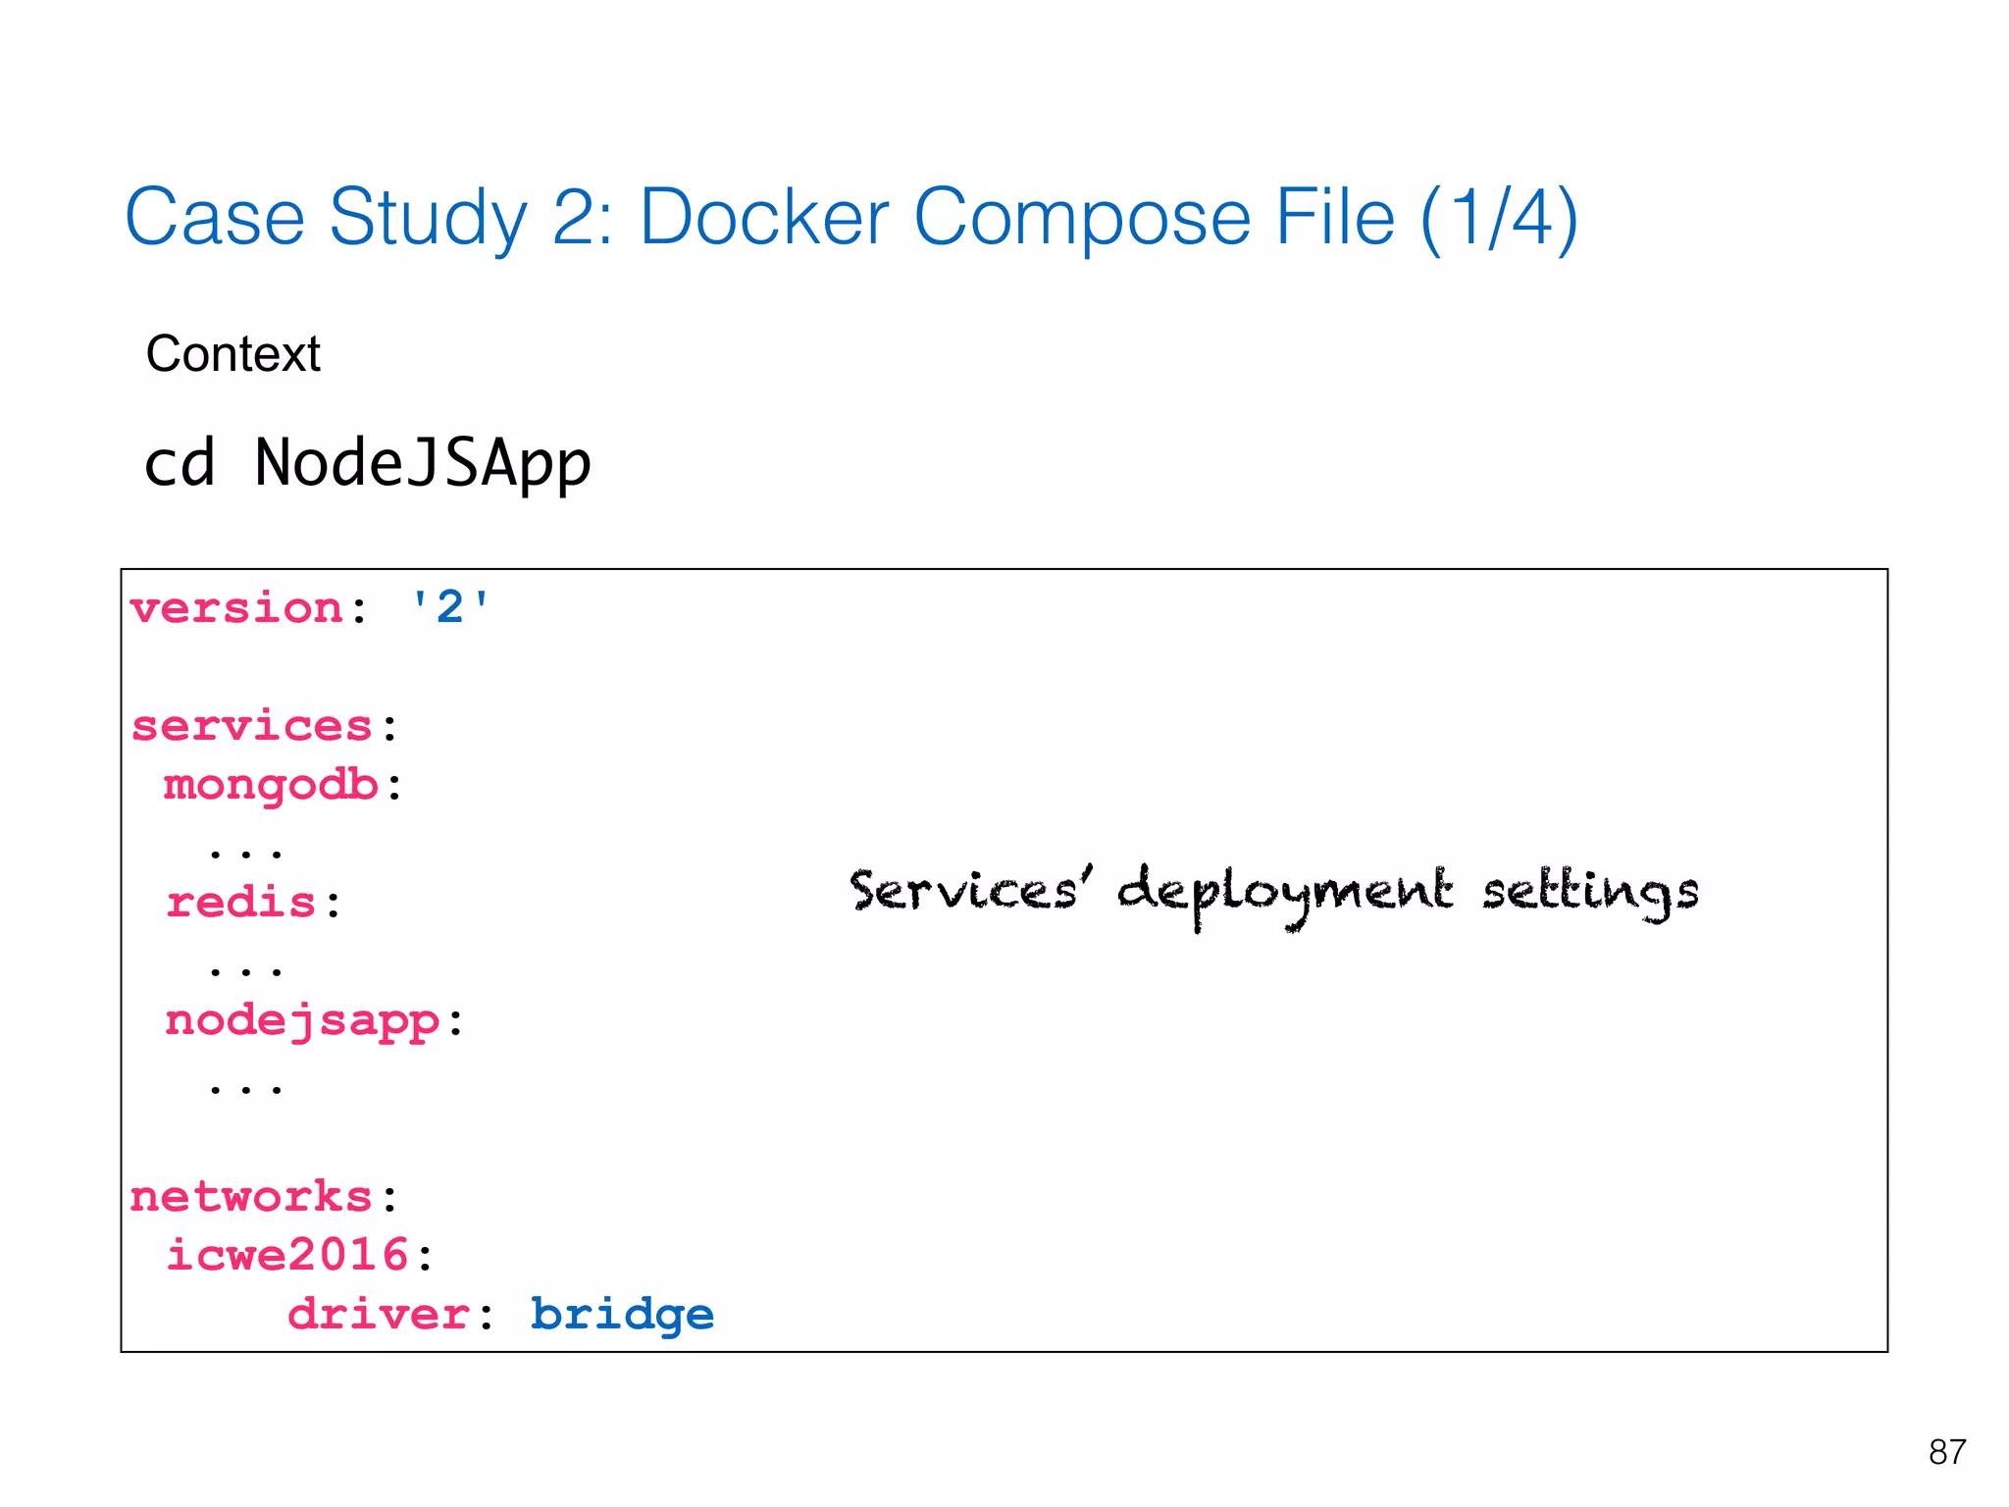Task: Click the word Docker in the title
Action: (x=764, y=218)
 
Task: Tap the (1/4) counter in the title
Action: (x=1499, y=218)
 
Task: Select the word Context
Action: (x=232, y=354)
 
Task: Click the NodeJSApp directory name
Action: (x=423, y=463)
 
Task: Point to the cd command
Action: (x=180, y=463)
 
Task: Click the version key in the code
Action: (x=235, y=608)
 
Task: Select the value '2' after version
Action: (x=449, y=607)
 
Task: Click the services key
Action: (x=252, y=726)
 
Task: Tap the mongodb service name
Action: (x=271, y=786)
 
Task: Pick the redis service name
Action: (x=240, y=903)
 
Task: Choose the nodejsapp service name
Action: (x=302, y=1021)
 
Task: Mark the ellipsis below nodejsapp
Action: (x=245, y=1087)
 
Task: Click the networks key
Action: (x=251, y=1197)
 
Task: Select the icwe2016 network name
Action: (x=286, y=1255)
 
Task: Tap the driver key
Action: (x=378, y=1315)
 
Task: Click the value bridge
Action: (x=622, y=1315)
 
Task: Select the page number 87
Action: (x=1946, y=1452)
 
